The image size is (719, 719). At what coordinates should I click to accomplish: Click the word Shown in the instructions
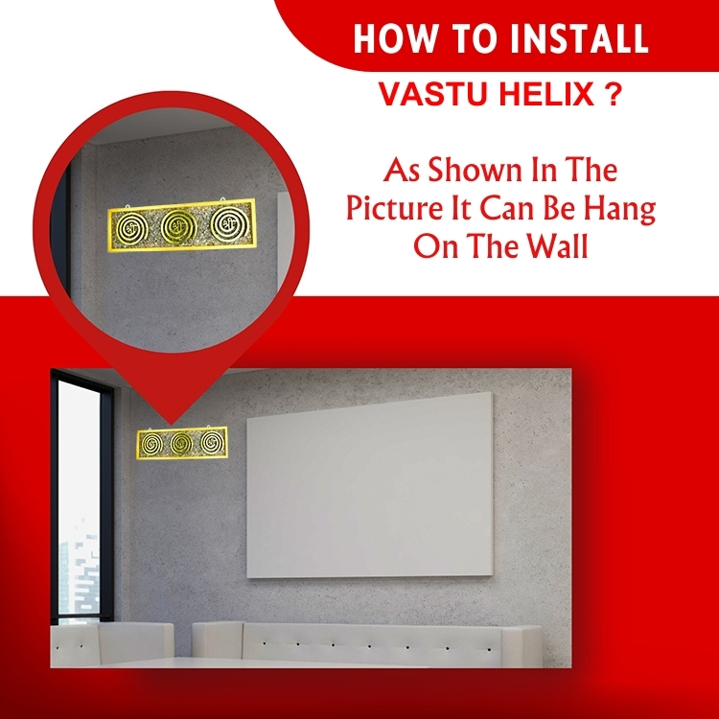click(475, 170)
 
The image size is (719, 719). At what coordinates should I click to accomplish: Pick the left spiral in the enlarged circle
click(129, 225)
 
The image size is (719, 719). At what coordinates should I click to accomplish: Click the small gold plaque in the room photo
click(182, 442)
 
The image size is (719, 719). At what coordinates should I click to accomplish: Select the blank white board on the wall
click(370, 485)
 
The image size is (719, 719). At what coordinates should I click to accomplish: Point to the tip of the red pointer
click(171, 425)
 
